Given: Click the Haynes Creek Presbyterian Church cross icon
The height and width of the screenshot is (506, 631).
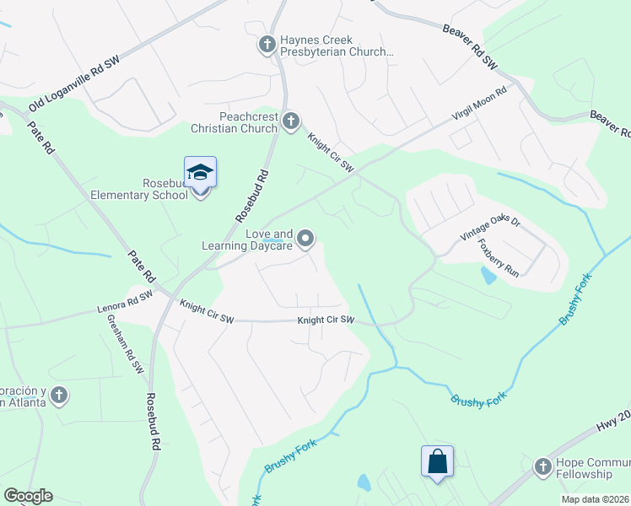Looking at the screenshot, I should (x=267, y=44).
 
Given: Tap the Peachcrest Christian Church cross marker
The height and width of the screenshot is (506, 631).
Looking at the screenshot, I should (x=291, y=122).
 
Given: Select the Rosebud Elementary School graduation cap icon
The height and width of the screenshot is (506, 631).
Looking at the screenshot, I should (x=201, y=173).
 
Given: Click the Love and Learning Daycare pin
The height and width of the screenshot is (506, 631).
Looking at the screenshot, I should (x=306, y=240).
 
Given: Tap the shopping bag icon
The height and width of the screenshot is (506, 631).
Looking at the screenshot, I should (x=437, y=461).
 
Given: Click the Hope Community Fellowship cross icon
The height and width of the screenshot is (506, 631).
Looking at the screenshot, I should (x=542, y=465).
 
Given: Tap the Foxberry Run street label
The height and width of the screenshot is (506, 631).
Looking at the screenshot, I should (x=511, y=256).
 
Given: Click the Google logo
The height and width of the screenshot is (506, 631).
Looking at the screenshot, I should (x=28, y=496).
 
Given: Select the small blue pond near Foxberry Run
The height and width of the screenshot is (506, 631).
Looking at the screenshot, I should (x=488, y=275).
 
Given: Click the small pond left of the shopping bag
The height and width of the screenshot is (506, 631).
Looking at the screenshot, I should (x=364, y=482).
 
